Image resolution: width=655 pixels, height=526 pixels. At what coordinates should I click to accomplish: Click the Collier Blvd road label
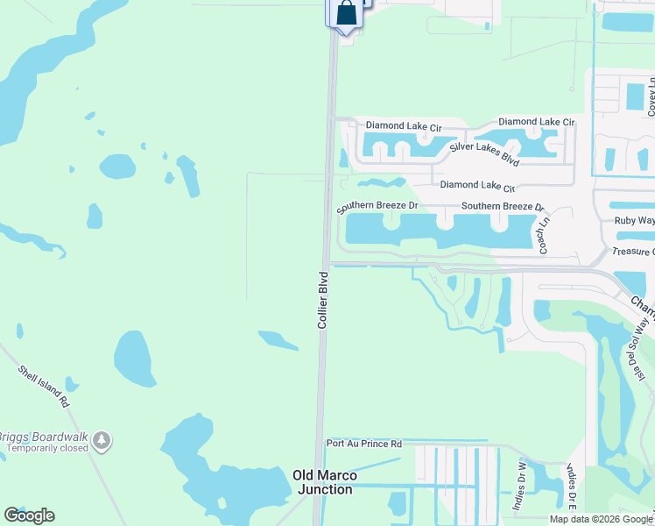point(322,300)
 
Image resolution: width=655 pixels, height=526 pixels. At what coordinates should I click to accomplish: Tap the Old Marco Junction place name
point(322,482)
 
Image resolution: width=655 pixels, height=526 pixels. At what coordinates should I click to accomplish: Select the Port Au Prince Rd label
point(363,444)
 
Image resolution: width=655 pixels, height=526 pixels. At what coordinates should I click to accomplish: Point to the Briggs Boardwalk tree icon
point(102,437)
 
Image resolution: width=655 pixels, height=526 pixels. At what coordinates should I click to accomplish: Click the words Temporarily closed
point(48,448)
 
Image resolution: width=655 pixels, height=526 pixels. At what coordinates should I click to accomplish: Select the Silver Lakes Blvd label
point(484,154)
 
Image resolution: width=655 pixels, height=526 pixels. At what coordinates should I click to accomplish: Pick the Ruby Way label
point(633,221)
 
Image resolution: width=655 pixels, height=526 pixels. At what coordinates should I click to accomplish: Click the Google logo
point(29,515)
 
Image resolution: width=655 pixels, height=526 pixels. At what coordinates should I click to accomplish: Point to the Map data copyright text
point(600,519)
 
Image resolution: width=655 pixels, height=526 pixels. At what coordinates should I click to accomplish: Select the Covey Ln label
point(651,96)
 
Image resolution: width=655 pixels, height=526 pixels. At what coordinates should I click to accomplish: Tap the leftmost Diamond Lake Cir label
point(404,126)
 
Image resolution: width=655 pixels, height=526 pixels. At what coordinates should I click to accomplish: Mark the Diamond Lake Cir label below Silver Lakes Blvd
point(477,186)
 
